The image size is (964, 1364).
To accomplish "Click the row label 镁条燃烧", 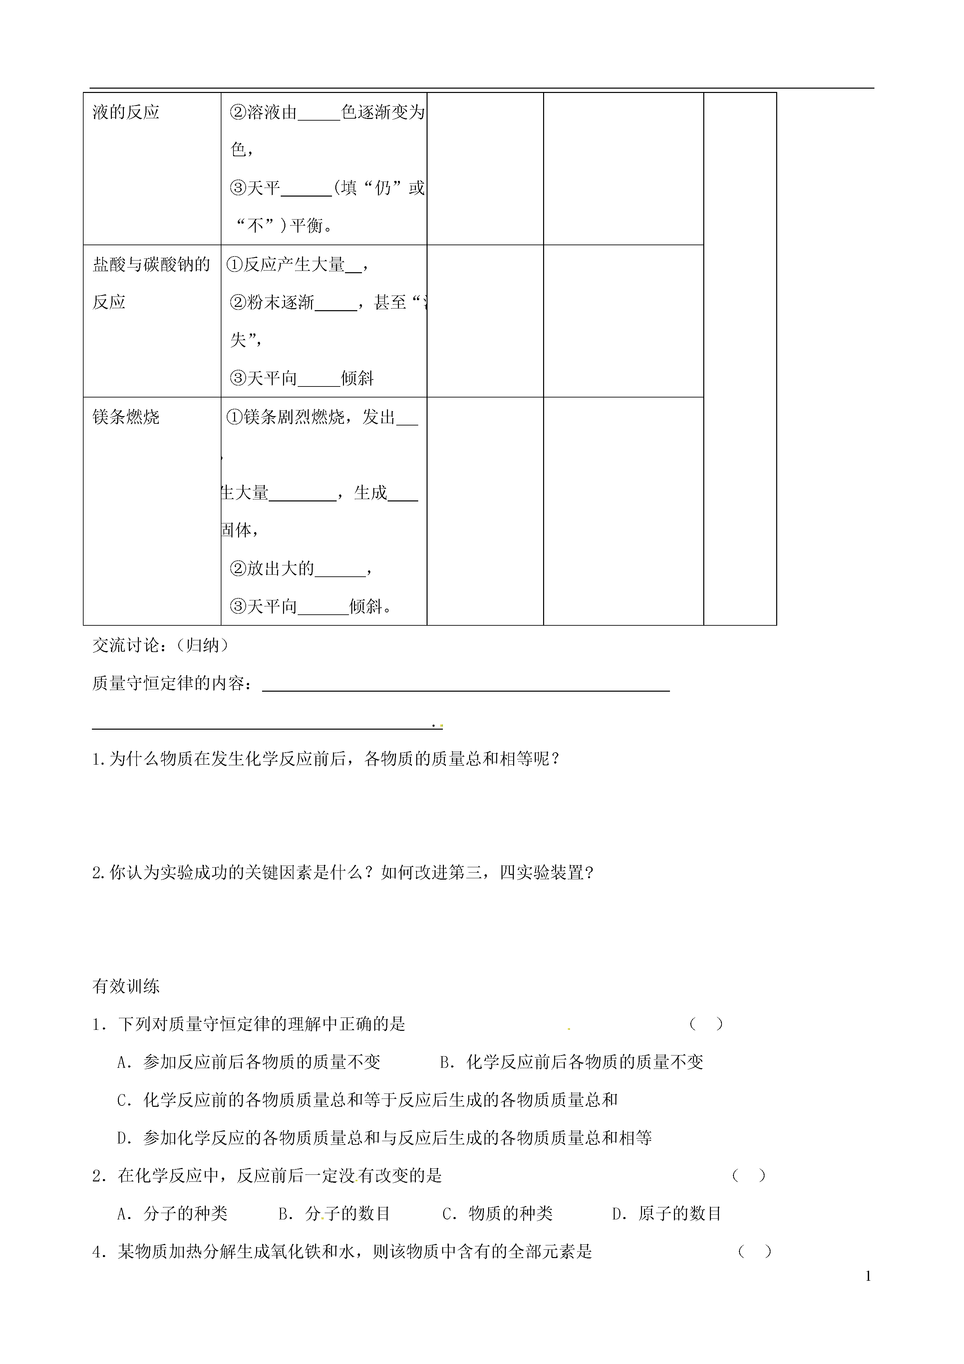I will pos(126,417).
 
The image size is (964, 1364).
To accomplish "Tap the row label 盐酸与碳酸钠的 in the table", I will pos(152,264).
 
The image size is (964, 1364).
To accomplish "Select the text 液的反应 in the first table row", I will pos(126,112).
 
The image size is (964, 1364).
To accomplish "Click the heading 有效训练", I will pos(126,986).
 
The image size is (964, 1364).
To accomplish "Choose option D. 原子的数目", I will pos(666,1213).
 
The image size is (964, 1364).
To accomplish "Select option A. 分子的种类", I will pos(172,1213).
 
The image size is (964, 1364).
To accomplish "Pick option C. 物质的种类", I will pos(497,1213).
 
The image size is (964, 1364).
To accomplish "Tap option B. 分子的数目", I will pos(334,1213).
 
